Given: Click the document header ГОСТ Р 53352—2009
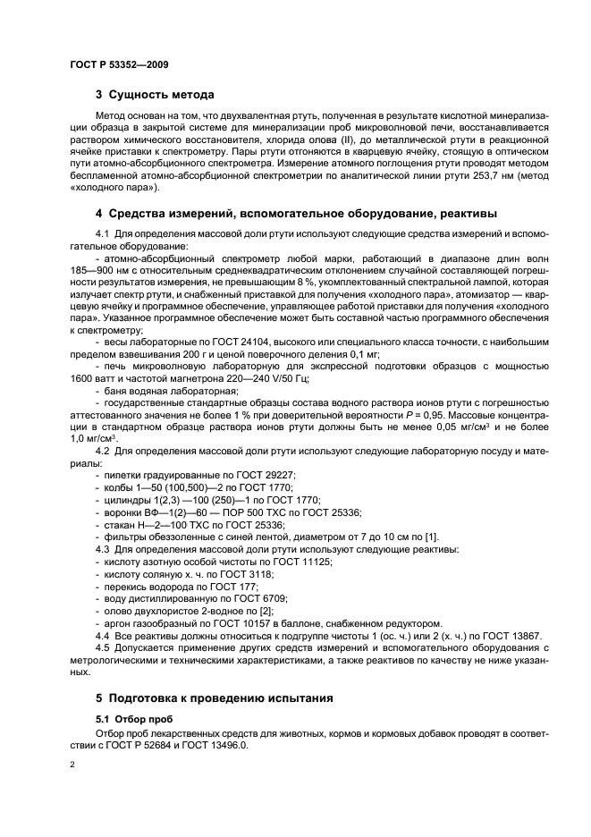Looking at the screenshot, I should [x=119, y=64].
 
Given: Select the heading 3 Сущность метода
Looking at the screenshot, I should [x=155, y=94].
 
